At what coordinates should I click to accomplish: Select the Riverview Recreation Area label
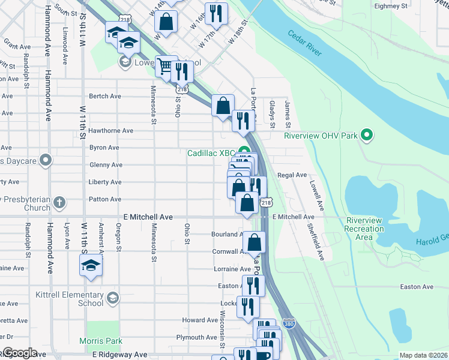point(364,229)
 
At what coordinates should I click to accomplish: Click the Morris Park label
point(101,341)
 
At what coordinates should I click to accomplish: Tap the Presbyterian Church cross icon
point(59,203)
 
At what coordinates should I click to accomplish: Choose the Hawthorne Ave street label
point(110,130)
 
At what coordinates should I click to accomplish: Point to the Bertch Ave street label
point(105,96)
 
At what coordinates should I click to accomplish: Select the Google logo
point(19,353)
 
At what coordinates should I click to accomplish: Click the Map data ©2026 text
point(423,355)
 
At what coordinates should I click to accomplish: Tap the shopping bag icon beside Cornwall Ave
point(255,242)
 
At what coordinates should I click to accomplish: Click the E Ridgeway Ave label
point(119,355)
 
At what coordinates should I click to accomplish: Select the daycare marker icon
point(46,160)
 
